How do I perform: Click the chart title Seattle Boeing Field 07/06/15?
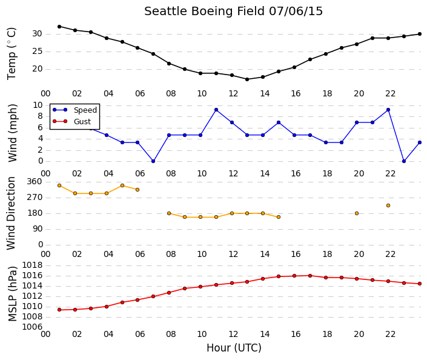(x=233, y=12)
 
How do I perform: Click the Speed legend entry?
(x=74, y=110)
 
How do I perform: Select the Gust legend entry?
(x=71, y=121)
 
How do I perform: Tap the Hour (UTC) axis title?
(x=234, y=348)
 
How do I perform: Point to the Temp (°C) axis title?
(x=12, y=54)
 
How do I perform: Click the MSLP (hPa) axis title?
(x=13, y=294)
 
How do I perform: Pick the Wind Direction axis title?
(x=11, y=213)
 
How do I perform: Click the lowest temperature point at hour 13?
(x=247, y=79)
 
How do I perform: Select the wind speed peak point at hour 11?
(x=216, y=110)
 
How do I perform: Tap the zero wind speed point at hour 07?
(x=153, y=161)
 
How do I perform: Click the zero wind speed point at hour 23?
(x=404, y=161)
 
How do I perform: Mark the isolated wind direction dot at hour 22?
(x=388, y=205)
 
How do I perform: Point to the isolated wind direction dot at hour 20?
(x=357, y=213)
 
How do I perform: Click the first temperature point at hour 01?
(x=59, y=27)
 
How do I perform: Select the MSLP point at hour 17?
(x=310, y=276)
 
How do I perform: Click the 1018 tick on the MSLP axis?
(x=33, y=265)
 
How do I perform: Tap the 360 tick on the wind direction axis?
(x=35, y=182)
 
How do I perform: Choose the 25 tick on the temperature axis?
(x=38, y=52)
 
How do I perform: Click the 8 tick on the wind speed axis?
(x=41, y=116)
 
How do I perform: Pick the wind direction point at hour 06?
(x=137, y=190)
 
